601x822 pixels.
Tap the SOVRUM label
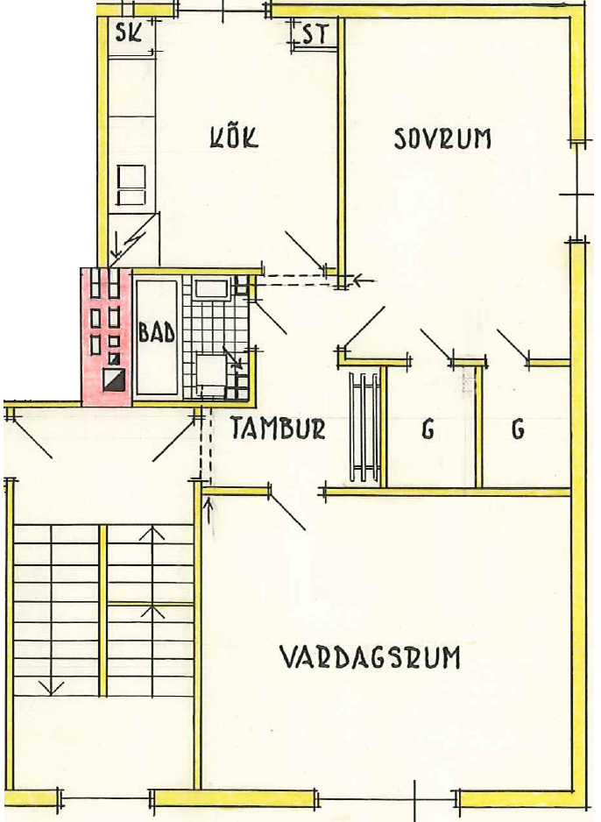pos(442,138)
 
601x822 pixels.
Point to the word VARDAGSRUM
pos(370,658)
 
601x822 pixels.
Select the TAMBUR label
pos(279,428)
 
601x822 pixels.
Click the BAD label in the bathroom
pos(156,332)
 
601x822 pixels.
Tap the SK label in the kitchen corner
pos(129,33)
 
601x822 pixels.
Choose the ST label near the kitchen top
pos(315,35)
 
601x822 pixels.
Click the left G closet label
pos(428,430)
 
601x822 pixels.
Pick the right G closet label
pos(519,430)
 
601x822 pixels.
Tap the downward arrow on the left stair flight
pos(51,687)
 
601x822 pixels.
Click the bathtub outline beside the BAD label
pos(157,337)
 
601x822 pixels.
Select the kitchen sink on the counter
pos(131,185)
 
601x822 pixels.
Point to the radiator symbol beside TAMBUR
pos(364,427)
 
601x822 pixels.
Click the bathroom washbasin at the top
pos(211,289)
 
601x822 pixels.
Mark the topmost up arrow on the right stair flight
pos(152,534)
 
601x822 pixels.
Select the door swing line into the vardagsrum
pos(287,511)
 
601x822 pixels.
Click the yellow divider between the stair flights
pos(103,612)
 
